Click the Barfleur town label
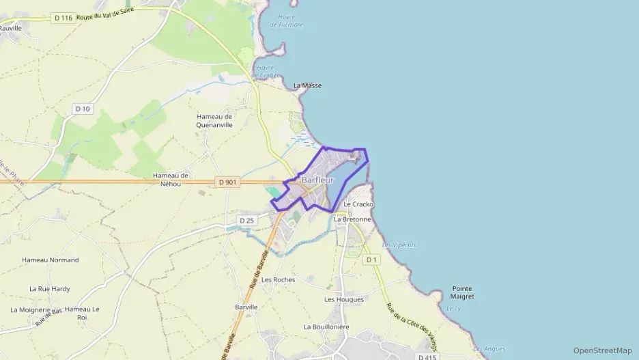[317, 180]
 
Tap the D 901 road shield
[228, 182]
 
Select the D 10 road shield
[83, 109]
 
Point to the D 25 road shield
[247, 220]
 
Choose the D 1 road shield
[371, 260]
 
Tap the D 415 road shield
[427, 357]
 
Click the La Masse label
[307, 85]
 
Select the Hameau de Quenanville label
[214, 120]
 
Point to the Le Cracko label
[358, 204]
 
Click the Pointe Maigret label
[462, 292]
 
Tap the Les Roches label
[278, 279]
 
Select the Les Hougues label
[344, 299]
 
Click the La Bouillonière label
[326, 327]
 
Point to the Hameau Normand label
[50, 260]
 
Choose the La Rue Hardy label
[49, 288]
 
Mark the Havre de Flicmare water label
[286, 20]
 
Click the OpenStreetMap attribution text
[602, 350]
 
